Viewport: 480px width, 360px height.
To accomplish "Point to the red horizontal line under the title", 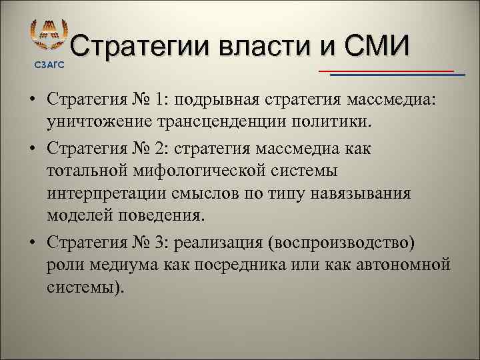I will tap(387, 70).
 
